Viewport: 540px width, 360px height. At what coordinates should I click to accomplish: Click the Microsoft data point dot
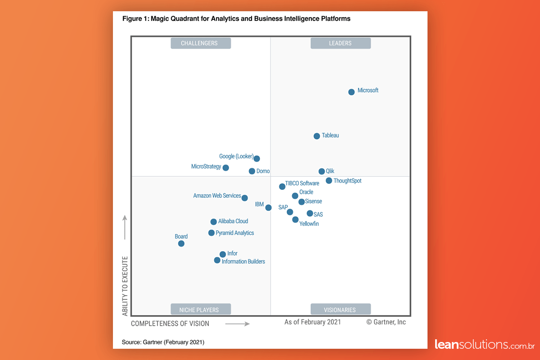coord(351,92)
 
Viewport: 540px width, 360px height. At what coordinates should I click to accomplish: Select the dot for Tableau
coord(317,136)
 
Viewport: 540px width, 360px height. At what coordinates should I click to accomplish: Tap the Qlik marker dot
coord(322,171)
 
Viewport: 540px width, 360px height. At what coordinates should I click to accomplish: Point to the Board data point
coord(181,243)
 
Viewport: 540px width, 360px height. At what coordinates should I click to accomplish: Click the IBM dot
coord(268,207)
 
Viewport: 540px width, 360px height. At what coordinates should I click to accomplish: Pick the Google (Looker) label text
coord(236,157)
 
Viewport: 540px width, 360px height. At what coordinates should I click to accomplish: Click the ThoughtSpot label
coord(347,181)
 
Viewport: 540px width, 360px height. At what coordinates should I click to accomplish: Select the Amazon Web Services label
coord(217,196)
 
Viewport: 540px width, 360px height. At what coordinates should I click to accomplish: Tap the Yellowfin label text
coord(309,224)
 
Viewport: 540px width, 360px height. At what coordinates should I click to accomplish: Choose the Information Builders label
coord(243,261)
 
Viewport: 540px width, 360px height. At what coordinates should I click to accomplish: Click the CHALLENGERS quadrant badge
coord(201,43)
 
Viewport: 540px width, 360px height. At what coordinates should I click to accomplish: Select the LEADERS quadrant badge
coord(340,43)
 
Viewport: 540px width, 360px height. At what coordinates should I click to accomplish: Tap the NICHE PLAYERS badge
coord(201,310)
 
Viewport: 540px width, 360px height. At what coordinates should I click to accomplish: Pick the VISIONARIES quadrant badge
coord(340,310)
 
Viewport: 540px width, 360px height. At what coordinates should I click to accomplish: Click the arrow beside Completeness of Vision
coord(237,324)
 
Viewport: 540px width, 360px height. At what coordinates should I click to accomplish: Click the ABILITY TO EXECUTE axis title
coord(125,286)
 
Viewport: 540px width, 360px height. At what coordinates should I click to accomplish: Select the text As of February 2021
coord(313,322)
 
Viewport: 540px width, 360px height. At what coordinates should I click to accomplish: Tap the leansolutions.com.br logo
coord(484,345)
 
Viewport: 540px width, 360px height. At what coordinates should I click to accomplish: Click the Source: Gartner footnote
coord(163,342)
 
